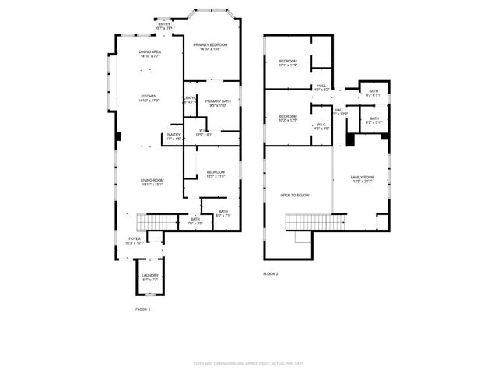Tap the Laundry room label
pos(150,277)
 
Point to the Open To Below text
pos(295,195)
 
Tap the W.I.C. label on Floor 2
pos(322,126)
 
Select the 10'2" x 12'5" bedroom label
pos(289,118)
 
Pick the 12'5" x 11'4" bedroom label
pos(216,174)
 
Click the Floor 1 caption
pos(142,309)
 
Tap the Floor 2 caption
pos(270,274)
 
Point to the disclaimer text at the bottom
pos(248,364)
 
